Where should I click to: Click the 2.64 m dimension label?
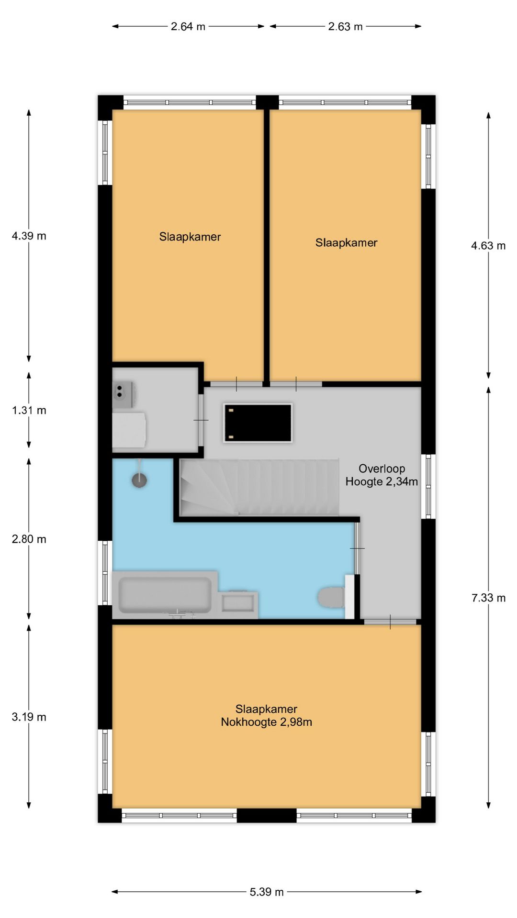pos(188,27)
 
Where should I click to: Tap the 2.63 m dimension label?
pos(345,27)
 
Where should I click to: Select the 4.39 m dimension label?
pos(29,236)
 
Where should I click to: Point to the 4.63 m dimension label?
pos(488,246)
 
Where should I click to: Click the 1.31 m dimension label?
pos(29,410)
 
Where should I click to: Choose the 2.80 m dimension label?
pos(29,539)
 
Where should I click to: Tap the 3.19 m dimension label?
pos(29,717)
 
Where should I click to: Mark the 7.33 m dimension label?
pos(488,598)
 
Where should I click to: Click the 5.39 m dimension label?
pos(267,892)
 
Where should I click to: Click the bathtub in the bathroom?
pos(165,595)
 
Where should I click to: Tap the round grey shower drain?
pos(139,480)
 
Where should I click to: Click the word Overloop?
pos(382,469)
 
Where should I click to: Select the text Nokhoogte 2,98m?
pos(266,722)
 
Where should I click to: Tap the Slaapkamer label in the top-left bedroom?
pos(190,237)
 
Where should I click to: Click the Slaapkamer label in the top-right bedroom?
pos(346,243)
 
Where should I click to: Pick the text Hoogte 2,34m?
pos(382,481)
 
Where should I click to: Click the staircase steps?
pos(259,487)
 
